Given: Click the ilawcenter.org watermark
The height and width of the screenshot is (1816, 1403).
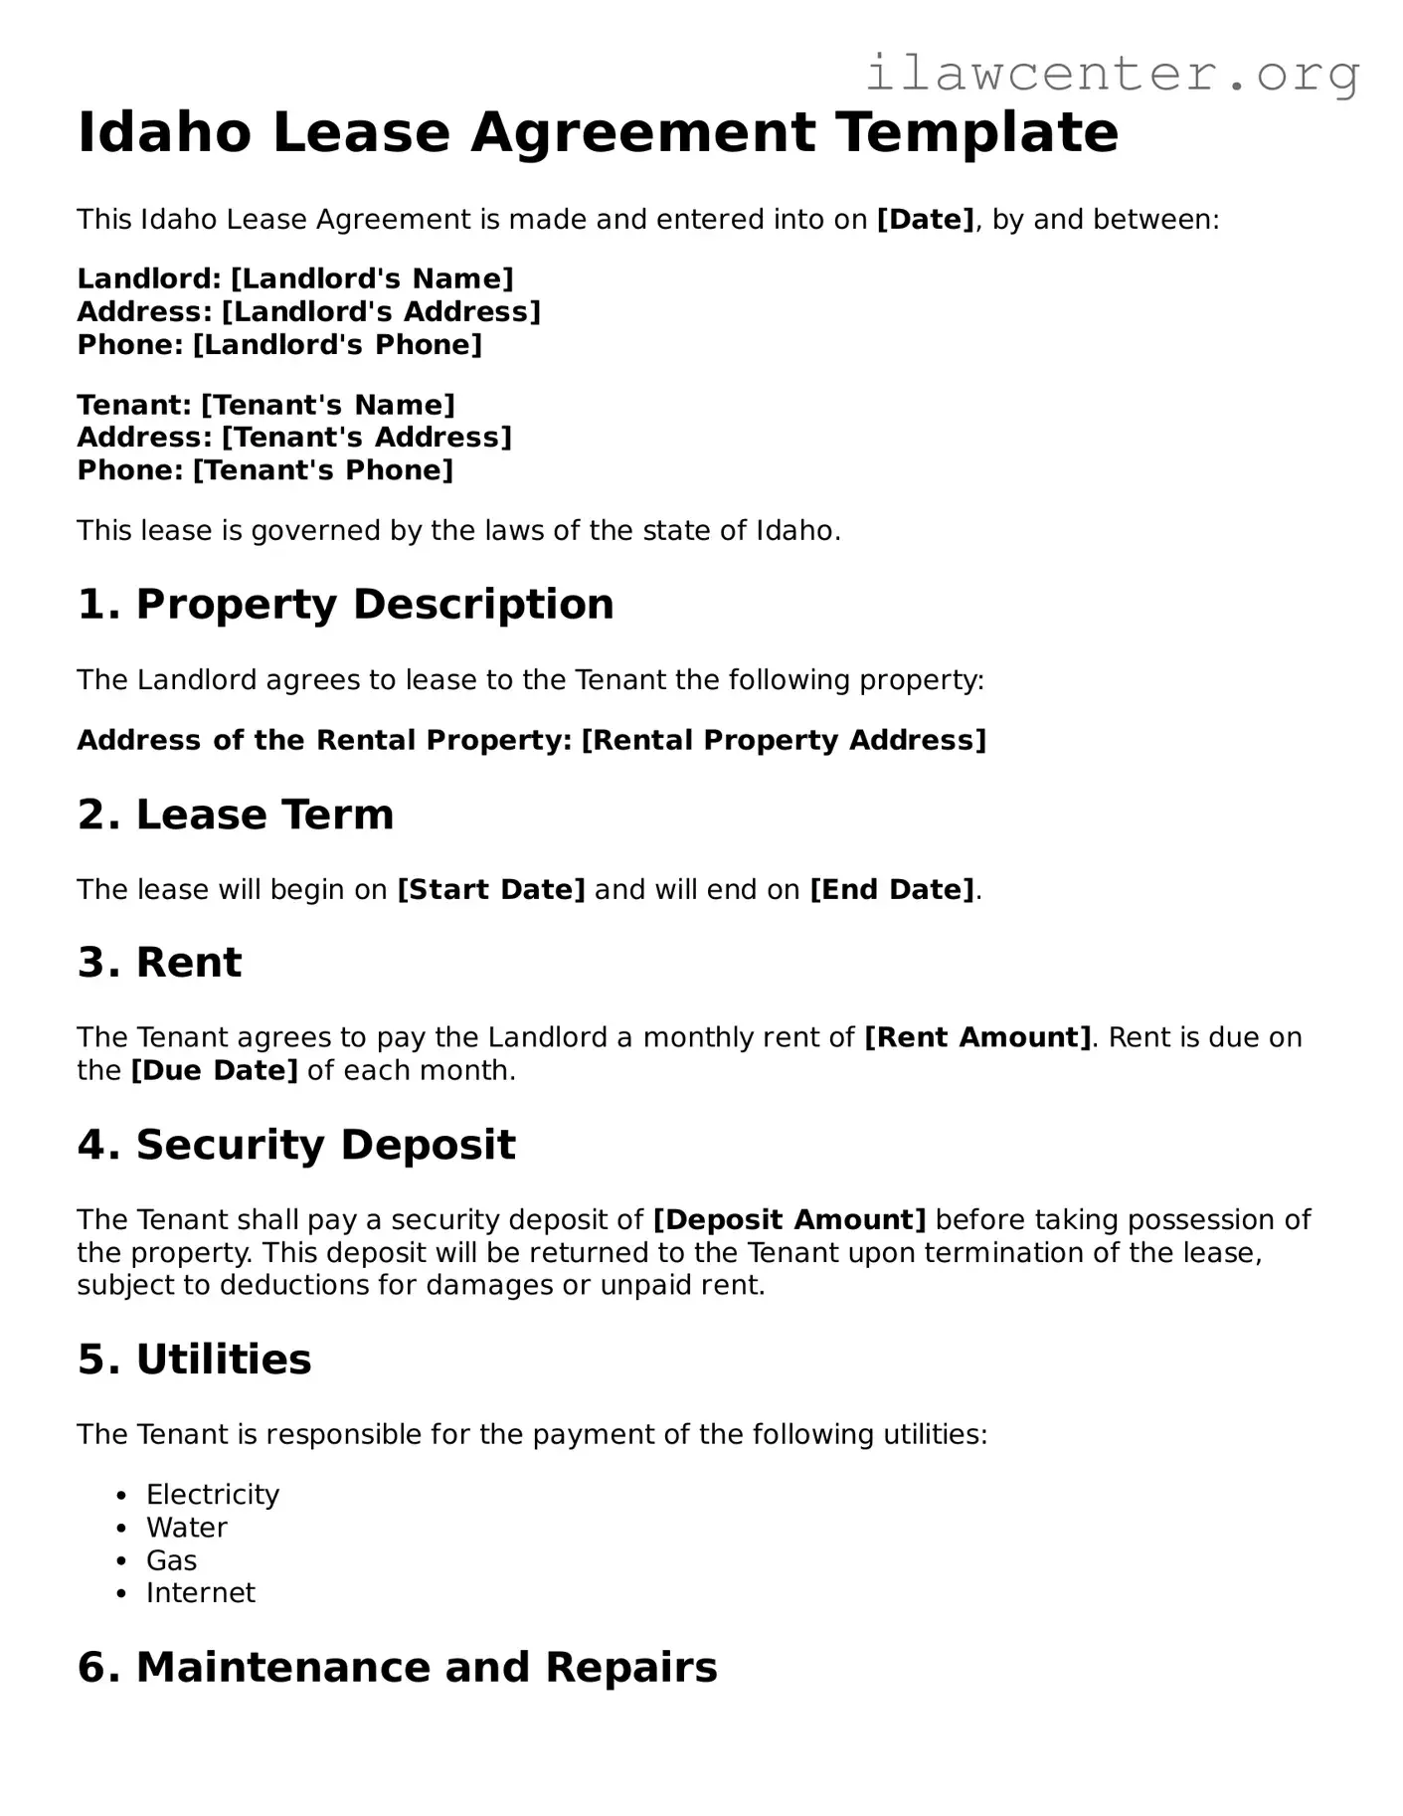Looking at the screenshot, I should tap(1112, 74).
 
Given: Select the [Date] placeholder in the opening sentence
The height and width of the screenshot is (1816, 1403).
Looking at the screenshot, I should tap(925, 219).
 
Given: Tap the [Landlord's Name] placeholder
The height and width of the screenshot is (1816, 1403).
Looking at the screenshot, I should tap(372, 278).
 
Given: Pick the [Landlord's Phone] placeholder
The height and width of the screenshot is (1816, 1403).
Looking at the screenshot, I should tap(337, 345).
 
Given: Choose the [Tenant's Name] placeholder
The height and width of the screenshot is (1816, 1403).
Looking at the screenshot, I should tap(328, 405).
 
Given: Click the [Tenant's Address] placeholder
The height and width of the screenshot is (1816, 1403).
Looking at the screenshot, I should tap(366, 438).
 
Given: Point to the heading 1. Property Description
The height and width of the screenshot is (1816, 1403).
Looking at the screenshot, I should tap(345, 604).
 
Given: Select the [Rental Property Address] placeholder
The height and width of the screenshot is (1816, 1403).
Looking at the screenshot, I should tap(784, 740).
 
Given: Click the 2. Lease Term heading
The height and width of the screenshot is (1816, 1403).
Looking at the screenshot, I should tap(236, 815).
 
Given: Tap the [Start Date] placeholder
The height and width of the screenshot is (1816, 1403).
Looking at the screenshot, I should tap(491, 889).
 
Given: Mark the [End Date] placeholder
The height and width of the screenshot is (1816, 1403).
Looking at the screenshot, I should tap(893, 889).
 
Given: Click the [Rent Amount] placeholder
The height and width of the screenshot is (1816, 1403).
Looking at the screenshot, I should tap(978, 1037).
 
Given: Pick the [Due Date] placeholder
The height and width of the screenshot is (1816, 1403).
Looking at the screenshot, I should tap(214, 1070).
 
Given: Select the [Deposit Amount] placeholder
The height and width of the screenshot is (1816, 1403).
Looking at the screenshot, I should tap(789, 1219).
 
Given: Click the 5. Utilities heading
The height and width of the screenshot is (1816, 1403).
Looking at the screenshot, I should tap(195, 1360).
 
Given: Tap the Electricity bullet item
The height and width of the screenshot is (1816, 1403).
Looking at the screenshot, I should tap(213, 1495).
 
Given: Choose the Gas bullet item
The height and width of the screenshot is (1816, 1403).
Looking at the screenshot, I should tap(171, 1560).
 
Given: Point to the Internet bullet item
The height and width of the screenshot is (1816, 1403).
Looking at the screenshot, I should tap(200, 1593).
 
